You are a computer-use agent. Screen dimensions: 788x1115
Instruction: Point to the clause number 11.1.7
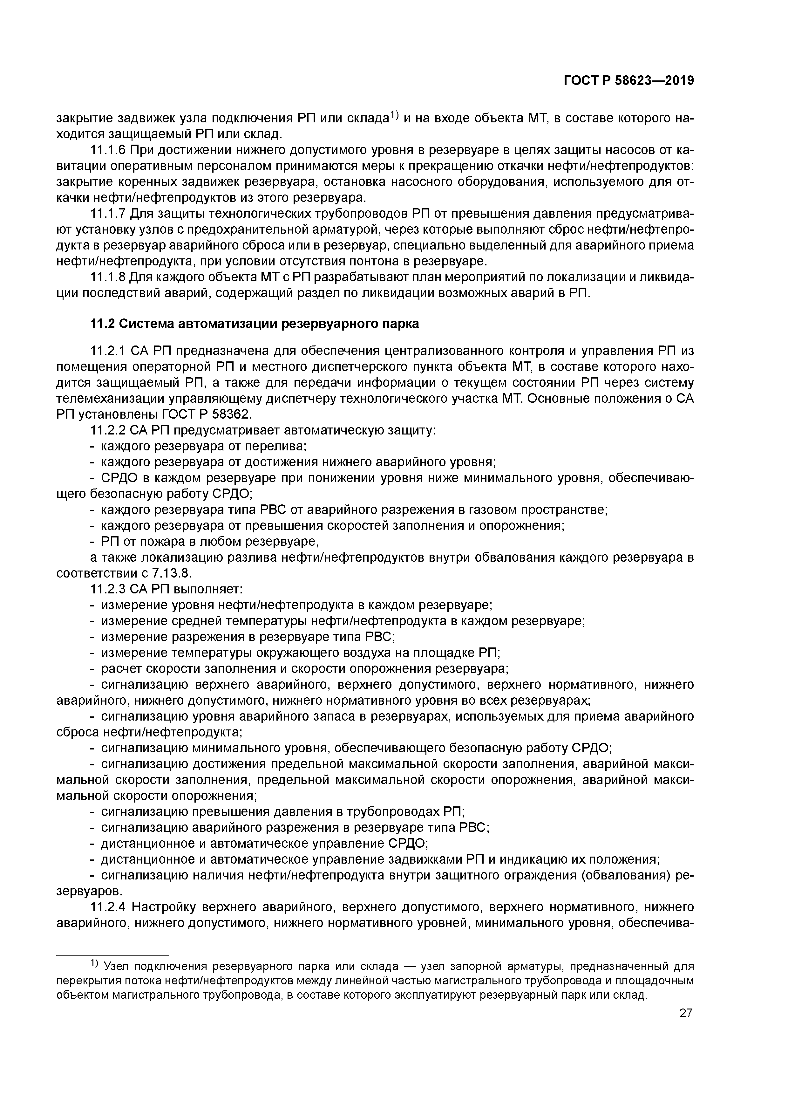click(108, 214)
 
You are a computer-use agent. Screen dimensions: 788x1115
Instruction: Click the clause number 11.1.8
click(108, 277)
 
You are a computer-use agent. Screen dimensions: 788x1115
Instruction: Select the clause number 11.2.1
click(108, 351)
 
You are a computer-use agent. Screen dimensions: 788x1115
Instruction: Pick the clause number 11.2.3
click(108, 589)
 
